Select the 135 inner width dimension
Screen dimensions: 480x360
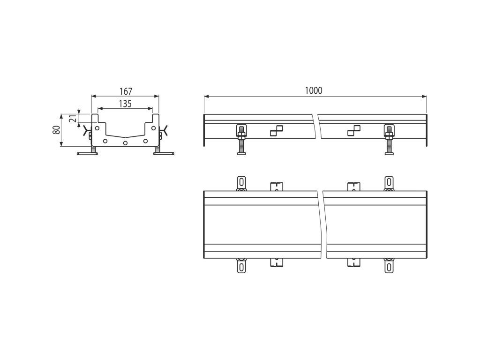125,104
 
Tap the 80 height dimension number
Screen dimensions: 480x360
56,130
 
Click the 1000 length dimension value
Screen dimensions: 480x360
314,90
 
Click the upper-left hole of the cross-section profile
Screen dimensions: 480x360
97,127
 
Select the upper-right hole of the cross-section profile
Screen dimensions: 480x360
153,127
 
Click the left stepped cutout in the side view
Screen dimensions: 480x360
277,131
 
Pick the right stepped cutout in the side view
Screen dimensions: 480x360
354,131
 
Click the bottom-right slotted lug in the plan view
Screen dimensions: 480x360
389,267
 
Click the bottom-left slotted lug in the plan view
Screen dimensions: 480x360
241,267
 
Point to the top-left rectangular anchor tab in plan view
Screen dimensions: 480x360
277,186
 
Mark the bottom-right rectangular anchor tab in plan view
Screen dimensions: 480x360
354,262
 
